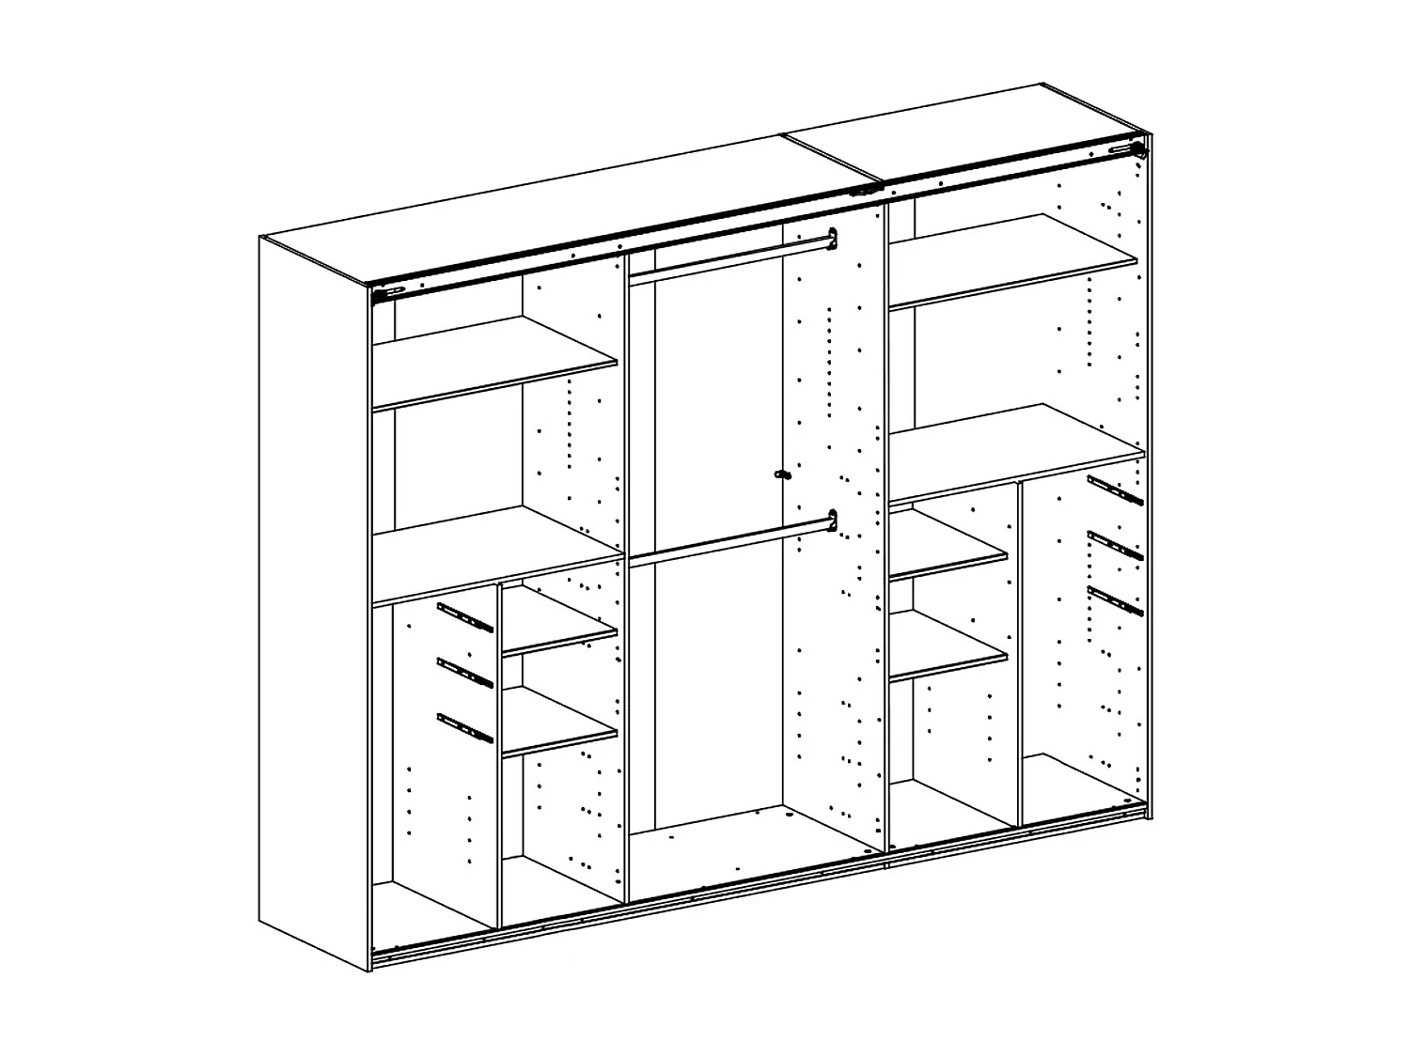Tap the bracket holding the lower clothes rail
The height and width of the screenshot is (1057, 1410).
[x=831, y=520]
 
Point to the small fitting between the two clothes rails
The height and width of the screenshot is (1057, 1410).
[x=779, y=475]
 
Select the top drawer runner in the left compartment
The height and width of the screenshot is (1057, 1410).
[x=464, y=617]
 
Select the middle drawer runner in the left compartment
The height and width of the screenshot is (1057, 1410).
[x=464, y=672]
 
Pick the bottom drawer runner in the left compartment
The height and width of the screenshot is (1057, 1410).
[x=464, y=727]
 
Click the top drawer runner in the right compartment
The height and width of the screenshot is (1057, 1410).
[x=1115, y=490]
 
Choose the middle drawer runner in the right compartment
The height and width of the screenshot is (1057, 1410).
[x=1115, y=545]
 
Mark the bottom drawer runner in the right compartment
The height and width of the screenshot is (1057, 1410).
[x=1115, y=599]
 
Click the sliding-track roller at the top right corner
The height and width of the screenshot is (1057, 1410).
[x=1139, y=148]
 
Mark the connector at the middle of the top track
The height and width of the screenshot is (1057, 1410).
[x=862, y=191]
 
